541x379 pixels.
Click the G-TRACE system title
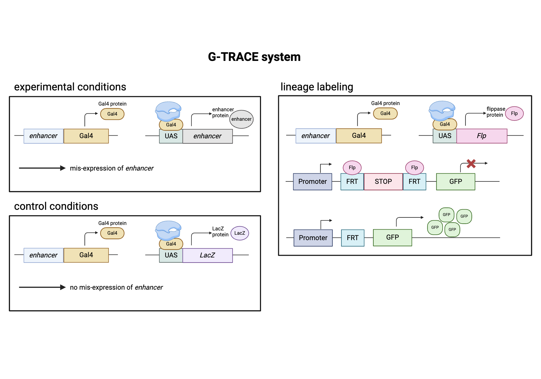point(254,57)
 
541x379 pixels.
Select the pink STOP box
point(383,182)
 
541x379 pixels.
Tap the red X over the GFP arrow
point(471,164)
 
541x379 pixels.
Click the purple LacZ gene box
point(207,255)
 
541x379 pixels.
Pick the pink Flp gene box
point(481,136)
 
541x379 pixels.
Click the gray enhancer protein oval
point(241,119)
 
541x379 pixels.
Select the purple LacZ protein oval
point(239,233)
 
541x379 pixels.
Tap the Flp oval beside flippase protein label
point(514,113)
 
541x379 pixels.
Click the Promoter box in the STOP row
point(312,182)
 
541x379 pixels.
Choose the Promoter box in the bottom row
point(313,238)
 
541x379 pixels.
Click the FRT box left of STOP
point(352,182)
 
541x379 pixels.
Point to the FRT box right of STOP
point(414,182)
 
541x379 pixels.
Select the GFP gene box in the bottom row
point(392,238)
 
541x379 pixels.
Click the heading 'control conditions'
point(56,206)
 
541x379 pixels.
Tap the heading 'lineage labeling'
point(317,87)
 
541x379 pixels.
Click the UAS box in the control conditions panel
point(171,255)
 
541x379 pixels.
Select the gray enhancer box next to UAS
point(207,136)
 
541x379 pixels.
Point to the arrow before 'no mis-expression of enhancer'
point(42,287)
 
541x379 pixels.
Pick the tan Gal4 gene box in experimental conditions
point(86,136)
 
